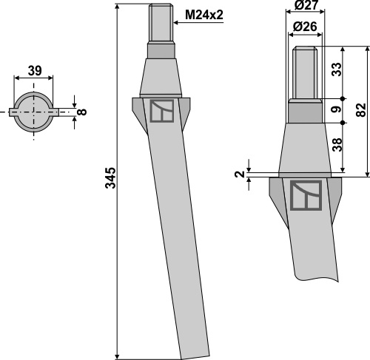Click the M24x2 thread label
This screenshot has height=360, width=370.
tap(204, 16)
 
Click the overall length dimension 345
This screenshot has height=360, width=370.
tap(110, 178)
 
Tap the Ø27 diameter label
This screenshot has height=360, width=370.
tap(306, 5)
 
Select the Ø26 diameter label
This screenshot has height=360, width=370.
tap(305, 27)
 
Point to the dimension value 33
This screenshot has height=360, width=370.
tap(337, 69)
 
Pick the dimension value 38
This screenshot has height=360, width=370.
tap(337, 145)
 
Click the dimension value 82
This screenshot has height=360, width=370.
tap(360, 110)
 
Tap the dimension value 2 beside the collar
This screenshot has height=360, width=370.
tap(239, 174)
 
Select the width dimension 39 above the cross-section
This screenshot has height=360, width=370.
tap(35, 71)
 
